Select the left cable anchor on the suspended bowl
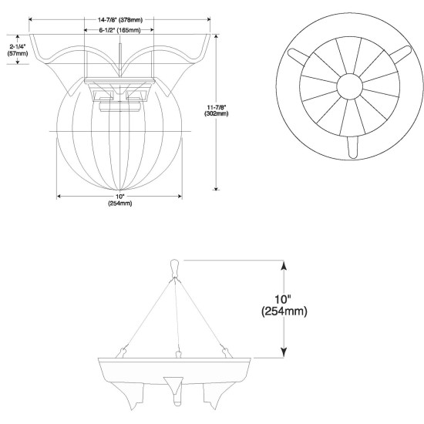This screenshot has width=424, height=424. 121,352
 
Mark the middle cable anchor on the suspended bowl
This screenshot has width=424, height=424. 176,354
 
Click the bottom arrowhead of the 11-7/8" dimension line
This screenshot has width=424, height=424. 217,186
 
